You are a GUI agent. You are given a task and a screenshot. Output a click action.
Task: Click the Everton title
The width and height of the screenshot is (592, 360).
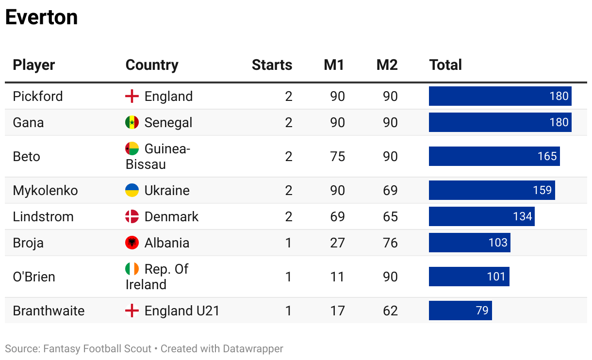tap(41, 17)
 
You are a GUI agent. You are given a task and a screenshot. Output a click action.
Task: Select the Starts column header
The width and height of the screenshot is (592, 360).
tap(272, 65)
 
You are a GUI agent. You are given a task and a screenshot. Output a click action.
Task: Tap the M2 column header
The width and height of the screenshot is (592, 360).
tap(387, 65)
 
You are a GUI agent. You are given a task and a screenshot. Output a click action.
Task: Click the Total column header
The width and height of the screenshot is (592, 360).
tap(445, 65)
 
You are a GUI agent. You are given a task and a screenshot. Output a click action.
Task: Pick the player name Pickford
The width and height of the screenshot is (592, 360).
tap(38, 96)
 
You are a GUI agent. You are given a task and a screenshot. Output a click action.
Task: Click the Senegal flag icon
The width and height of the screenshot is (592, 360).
tap(132, 122)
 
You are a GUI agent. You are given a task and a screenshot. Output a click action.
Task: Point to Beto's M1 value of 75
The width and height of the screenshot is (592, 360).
tap(337, 156)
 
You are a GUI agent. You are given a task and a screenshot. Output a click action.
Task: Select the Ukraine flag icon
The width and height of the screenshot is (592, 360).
tap(132, 190)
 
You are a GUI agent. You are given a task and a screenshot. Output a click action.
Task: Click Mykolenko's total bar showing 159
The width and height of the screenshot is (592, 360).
tap(492, 190)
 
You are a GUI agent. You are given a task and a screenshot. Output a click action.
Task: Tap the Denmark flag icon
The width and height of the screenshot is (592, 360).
tap(132, 216)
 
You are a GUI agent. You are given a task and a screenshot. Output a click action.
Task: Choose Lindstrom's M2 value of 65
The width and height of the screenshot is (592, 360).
tap(390, 216)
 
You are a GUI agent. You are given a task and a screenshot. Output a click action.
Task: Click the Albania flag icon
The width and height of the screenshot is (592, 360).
tap(132, 243)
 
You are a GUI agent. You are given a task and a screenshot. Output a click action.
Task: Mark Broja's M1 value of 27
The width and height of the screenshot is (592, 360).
tap(337, 243)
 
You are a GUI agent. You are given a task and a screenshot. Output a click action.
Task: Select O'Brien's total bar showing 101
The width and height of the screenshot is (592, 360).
tap(469, 277)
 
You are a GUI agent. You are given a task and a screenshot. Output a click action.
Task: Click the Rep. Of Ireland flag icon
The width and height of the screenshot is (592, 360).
tap(132, 269)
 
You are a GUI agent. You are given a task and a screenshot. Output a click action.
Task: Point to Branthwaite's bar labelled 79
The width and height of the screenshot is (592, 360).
tap(460, 311)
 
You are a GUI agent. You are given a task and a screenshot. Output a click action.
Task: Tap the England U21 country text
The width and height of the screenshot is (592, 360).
tap(182, 311)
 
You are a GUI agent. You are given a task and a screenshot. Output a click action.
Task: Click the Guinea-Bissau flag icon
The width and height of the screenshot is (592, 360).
tap(132, 148)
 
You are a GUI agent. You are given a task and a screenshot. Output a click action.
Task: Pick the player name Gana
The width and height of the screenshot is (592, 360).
tap(28, 122)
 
